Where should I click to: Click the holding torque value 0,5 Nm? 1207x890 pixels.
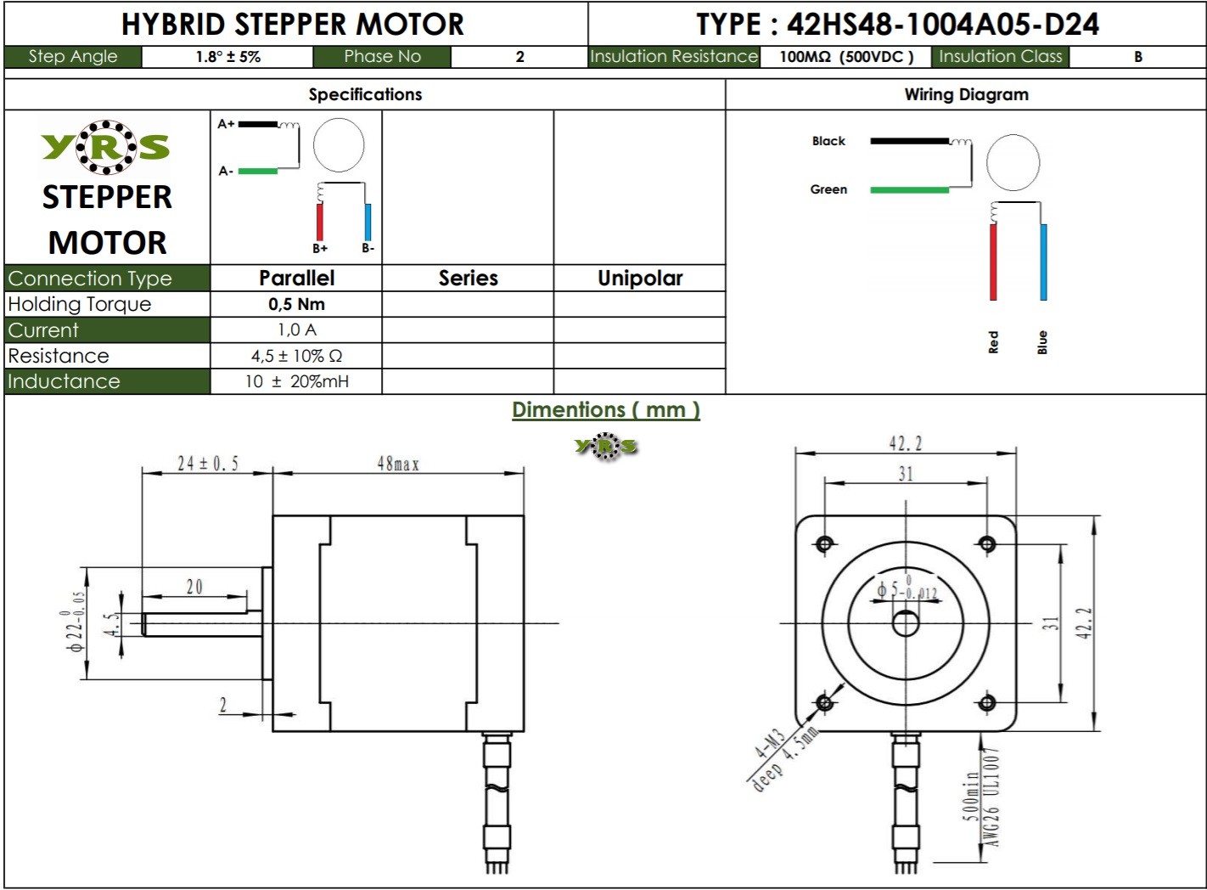point(296,304)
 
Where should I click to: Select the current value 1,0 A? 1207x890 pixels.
point(296,330)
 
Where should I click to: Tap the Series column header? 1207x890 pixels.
point(468,278)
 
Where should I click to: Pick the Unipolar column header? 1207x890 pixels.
point(640,278)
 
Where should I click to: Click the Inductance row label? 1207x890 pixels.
point(64,381)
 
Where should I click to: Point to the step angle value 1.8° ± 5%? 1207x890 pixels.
point(227,57)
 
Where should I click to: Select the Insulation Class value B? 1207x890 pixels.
point(1137,57)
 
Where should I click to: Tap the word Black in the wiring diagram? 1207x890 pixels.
point(828,141)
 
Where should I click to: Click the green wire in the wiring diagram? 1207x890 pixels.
point(909,189)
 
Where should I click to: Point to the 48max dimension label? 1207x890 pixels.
point(398,464)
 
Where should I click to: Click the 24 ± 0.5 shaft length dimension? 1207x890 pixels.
point(207,464)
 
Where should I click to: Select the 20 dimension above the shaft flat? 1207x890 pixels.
point(194,587)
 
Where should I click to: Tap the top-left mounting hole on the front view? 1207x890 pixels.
point(824,544)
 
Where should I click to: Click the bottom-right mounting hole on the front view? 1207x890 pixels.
point(986,702)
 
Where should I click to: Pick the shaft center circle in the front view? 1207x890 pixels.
point(906,624)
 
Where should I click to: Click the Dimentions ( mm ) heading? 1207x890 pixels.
point(605,410)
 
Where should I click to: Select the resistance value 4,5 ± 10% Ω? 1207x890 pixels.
point(296,356)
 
